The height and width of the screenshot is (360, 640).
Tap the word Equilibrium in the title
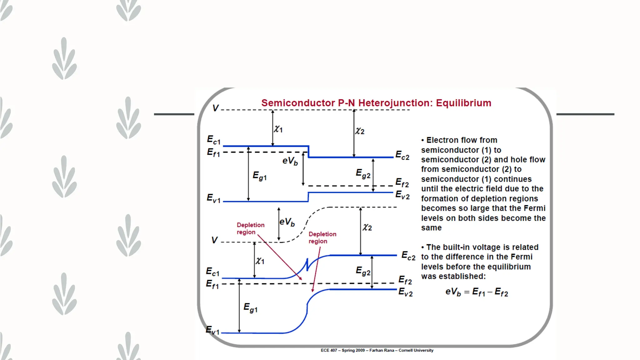pyautogui.click(x=463, y=103)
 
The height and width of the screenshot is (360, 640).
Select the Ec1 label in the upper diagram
pyautogui.click(x=214, y=140)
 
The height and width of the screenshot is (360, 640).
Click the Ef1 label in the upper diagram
pyautogui.click(x=214, y=152)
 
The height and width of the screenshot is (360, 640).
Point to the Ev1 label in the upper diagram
pyautogui.click(x=214, y=198)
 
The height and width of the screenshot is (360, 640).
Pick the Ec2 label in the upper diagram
pyautogui.click(x=402, y=155)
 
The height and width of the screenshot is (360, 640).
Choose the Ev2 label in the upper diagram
pyautogui.click(x=402, y=195)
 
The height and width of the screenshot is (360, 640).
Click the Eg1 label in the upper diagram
pyautogui.click(x=260, y=176)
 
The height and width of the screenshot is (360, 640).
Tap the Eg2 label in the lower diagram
pyautogui.click(x=363, y=271)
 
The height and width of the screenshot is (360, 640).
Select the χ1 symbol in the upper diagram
pyautogui.click(x=278, y=129)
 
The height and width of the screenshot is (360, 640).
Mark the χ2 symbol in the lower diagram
pyautogui.click(x=367, y=227)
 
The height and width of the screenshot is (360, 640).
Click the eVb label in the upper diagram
pyautogui.click(x=290, y=161)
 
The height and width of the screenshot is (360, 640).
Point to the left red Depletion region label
pyautogui.click(x=250, y=228)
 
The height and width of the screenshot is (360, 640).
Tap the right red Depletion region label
pyautogui.click(x=322, y=237)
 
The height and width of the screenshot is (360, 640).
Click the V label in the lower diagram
pyautogui.click(x=214, y=240)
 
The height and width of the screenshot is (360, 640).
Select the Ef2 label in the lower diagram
pyautogui.click(x=405, y=280)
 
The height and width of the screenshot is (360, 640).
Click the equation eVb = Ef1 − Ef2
pyautogui.click(x=477, y=292)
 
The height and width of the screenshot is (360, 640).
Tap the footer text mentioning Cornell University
pyautogui.click(x=377, y=350)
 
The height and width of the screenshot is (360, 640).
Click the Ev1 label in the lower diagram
pyautogui.click(x=213, y=330)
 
